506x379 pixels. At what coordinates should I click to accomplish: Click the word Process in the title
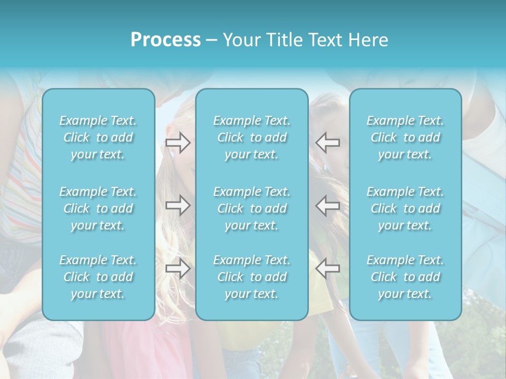click(166, 40)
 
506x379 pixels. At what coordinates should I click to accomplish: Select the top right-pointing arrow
click(178, 143)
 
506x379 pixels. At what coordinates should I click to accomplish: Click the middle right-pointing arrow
click(178, 205)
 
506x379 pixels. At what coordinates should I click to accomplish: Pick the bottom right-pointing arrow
click(178, 268)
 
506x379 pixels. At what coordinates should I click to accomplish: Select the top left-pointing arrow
click(328, 143)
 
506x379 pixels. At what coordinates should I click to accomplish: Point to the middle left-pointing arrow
click(328, 205)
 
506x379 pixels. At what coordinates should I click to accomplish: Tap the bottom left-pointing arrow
click(328, 268)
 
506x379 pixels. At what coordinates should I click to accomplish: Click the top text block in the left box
click(98, 137)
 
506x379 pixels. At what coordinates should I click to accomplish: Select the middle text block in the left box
click(98, 208)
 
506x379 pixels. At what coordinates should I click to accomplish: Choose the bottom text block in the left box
click(98, 277)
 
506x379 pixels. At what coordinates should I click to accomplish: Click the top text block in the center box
click(252, 137)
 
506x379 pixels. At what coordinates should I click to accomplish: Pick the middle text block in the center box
click(252, 208)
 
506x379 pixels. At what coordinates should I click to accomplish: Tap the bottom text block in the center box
click(252, 277)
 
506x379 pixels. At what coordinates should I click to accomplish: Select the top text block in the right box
click(405, 137)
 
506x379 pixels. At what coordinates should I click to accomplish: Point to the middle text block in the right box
click(405, 208)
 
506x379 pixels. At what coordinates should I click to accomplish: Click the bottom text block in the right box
click(405, 277)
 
